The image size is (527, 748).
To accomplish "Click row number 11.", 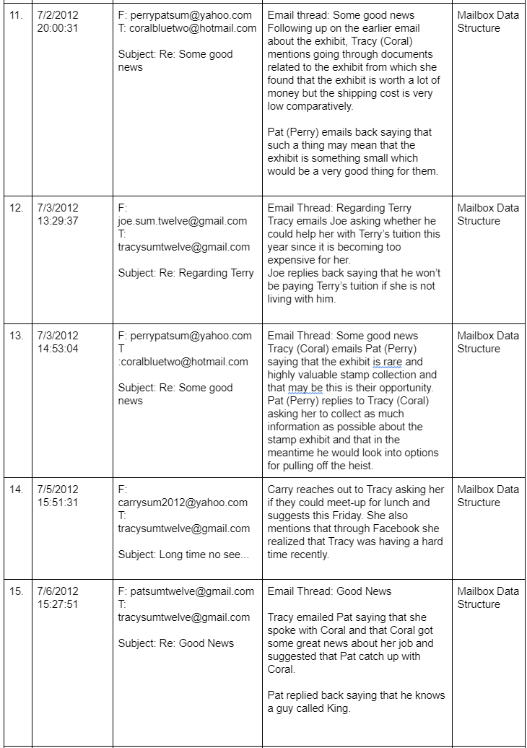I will (15, 15).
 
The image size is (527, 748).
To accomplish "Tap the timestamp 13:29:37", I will (57, 221).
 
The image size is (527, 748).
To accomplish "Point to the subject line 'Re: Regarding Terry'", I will (186, 273).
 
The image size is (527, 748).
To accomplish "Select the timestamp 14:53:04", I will (57, 349).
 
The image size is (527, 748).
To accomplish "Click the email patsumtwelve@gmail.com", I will (186, 591).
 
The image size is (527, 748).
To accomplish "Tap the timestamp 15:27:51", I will (57, 604).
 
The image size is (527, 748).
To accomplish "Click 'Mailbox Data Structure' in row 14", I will (487, 496).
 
